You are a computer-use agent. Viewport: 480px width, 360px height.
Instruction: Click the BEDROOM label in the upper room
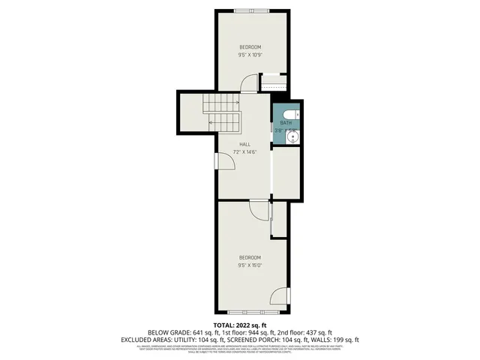coord(250,47)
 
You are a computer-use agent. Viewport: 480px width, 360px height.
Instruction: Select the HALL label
coord(244,144)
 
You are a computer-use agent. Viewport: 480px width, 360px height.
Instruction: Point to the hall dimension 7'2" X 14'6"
coord(244,151)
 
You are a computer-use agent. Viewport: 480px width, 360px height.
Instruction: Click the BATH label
coord(285,123)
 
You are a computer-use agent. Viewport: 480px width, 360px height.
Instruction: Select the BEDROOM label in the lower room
coord(250,257)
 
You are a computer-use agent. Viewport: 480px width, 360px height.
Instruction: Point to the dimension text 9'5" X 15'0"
coord(250,265)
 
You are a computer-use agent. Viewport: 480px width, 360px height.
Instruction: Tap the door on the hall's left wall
coord(217,160)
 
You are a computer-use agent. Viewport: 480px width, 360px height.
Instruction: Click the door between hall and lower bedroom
coord(259,208)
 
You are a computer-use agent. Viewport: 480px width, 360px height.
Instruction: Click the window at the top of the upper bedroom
coord(251,10)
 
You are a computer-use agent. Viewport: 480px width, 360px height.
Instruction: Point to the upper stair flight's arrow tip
coord(238,103)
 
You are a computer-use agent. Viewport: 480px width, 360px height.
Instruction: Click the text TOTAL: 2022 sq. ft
coord(240,324)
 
